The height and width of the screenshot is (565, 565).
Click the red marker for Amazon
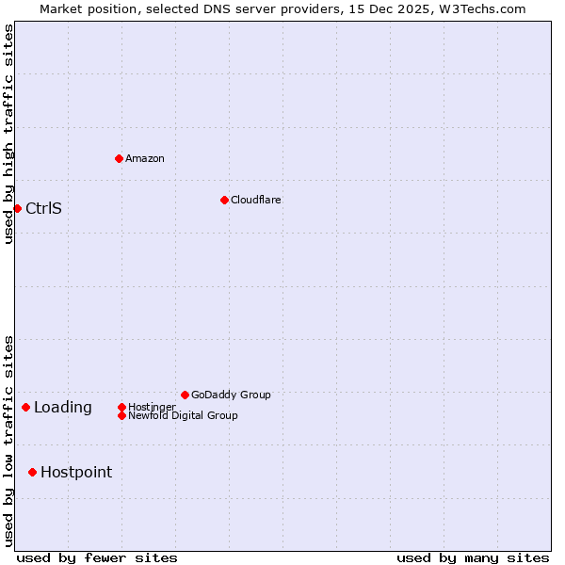click(119, 158)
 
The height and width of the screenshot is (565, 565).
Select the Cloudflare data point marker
click(224, 200)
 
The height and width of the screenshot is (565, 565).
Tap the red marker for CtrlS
click(17, 208)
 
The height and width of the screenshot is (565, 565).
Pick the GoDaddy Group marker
click(185, 395)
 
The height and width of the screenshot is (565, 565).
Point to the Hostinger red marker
click(121, 407)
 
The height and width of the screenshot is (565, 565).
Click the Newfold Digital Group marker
click(121, 415)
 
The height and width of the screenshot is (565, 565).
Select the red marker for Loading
click(25, 407)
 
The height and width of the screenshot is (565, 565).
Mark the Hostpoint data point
click(32, 472)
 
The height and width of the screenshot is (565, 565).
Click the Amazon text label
click(144, 158)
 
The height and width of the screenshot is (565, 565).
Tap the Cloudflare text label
click(255, 200)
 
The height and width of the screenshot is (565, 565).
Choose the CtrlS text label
click(43, 208)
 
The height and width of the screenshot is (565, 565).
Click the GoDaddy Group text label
click(231, 395)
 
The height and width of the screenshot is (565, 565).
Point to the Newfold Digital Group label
click(183, 415)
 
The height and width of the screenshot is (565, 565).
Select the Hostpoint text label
click(76, 472)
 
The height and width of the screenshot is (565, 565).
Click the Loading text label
click(63, 407)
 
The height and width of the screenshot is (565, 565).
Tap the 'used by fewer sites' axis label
click(97, 557)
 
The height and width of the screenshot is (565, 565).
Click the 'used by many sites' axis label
click(473, 557)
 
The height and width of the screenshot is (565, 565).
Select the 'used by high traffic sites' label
click(8, 134)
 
